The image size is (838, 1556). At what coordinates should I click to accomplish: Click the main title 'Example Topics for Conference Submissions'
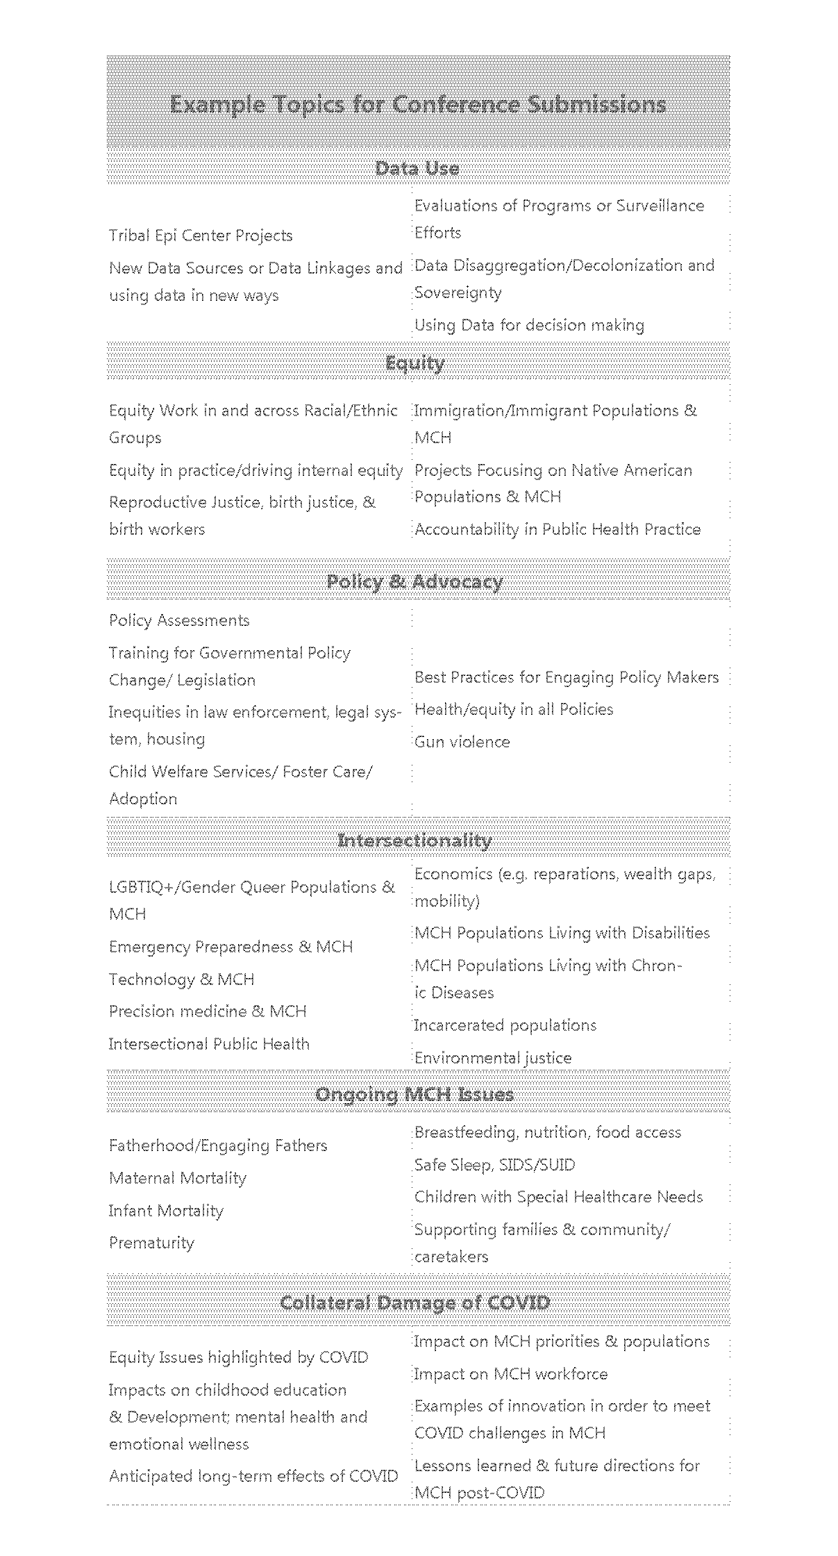tap(418, 105)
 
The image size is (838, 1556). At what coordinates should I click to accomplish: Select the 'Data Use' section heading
tap(417, 168)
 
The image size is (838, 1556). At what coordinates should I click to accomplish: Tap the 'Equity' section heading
tap(415, 363)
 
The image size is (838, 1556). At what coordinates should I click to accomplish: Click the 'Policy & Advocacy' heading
tap(414, 581)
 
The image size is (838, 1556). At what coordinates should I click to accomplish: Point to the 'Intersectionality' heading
tap(414, 841)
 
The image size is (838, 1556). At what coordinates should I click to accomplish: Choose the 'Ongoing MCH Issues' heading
tap(414, 1095)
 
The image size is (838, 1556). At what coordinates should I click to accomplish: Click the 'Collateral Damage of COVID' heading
tap(415, 1302)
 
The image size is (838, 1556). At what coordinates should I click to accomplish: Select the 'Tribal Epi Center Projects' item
tap(201, 235)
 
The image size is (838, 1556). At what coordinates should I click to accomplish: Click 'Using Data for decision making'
tap(529, 325)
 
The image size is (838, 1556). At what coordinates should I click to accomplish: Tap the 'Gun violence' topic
tap(462, 742)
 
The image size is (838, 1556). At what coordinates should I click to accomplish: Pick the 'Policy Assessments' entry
tap(179, 620)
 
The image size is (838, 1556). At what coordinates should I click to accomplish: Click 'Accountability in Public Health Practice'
tap(558, 529)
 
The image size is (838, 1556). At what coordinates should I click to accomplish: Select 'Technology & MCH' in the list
tap(182, 979)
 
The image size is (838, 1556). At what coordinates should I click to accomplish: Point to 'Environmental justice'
tap(493, 1058)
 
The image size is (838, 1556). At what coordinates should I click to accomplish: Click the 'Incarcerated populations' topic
tap(505, 1025)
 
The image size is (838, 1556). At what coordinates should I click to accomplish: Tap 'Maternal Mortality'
tap(178, 1178)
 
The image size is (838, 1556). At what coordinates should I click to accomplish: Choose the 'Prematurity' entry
tap(151, 1243)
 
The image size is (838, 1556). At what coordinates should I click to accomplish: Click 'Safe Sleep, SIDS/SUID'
tap(494, 1165)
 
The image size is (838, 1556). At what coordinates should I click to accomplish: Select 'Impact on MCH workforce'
tap(510, 1374)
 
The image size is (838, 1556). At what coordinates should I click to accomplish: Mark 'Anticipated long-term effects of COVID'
tap(253, 1476)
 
